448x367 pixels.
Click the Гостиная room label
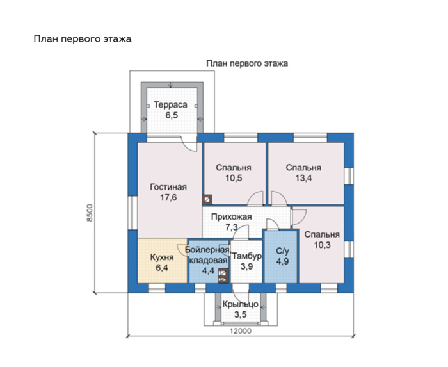tap(168, 187)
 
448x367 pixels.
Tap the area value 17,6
tap(168, 197)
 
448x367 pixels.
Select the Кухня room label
tap(162, 257)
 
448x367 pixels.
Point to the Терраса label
tap(171, 105)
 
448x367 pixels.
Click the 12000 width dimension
tap(241, 331)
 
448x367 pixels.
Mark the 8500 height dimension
tap(90, 213)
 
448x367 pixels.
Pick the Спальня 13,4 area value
tap(303, 178)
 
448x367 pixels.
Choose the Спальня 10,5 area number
tap(234, 178)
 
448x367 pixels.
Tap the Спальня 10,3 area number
tap(323, 245)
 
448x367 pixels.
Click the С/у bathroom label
tap(283, 251)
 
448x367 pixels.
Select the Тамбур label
tap(246, 256)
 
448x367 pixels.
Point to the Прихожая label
tap(232, 216)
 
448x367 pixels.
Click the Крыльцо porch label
tap(240, 305)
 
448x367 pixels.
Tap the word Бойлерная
tap(207, 250)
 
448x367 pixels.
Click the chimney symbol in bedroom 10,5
tap(207, 199)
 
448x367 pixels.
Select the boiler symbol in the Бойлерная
tap(223, 276)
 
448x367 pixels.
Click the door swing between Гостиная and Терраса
tap(189, 143)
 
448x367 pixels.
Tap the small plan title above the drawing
tap(247, 63)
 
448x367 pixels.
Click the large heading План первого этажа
tap(83, 39)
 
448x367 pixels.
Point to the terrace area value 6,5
tap(172, 115)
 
